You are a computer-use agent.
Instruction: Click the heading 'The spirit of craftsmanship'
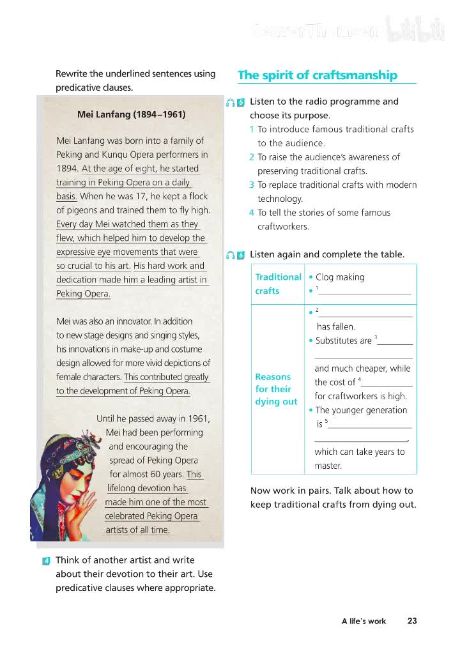pos(318,75)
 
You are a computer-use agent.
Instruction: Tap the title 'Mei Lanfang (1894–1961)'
pos(131,115)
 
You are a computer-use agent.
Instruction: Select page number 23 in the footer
pos(412,620)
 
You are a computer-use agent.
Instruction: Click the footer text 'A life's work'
pos(364,621)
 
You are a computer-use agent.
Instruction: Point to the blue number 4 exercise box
pos(47,561)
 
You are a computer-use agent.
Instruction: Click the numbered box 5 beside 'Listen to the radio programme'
pos(241,102)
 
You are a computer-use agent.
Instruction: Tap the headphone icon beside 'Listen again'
pos(230,256)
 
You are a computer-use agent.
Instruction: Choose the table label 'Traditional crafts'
pos(278,284)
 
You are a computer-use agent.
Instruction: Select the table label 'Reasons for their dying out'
pos(276,389)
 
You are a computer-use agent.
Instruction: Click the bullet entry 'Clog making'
pos(340,277)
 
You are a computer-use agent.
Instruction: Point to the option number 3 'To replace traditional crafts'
pos(252,185)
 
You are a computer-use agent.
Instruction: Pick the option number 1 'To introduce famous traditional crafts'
pos(252,130)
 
